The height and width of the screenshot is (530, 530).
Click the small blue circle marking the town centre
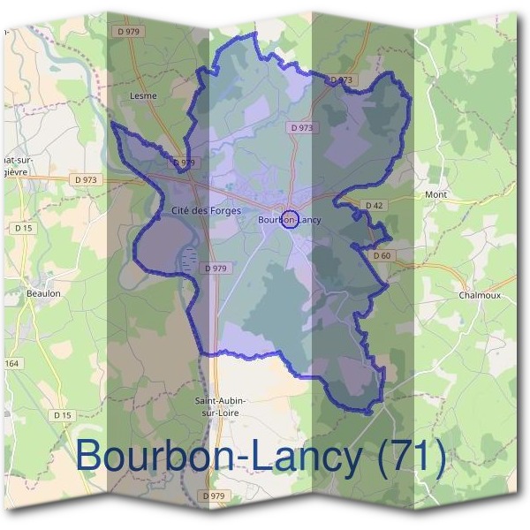(288, 220)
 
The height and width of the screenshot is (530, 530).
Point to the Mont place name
(436, 194)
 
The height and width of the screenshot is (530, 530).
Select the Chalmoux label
(480, 295)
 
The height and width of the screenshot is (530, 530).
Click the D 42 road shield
(374, 206)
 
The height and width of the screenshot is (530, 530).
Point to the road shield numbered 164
(11, 364)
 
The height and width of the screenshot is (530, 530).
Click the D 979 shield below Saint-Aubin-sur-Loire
(214, 496)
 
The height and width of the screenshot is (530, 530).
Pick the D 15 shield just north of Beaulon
(23, 228)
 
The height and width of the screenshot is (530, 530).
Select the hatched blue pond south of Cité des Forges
(189, 260)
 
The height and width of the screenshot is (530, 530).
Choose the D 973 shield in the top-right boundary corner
(342, 79)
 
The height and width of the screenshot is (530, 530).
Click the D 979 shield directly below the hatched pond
(215, 268)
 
